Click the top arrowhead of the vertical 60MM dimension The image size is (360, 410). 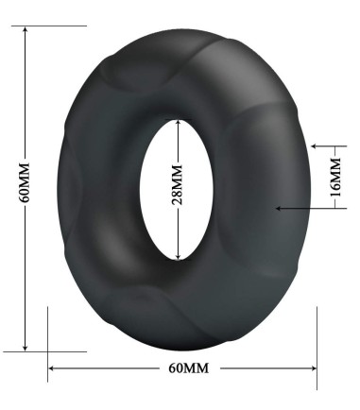26,28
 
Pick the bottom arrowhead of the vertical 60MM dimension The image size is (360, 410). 26,346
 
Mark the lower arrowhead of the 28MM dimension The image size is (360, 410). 177,255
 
